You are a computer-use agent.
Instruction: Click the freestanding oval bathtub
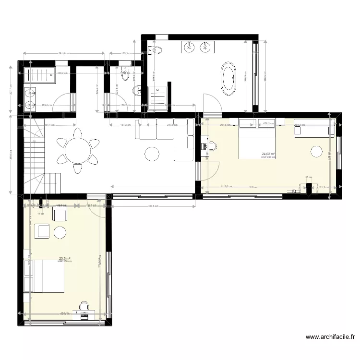pyautogui.click(x=228, y=78)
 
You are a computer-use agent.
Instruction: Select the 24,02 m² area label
pyautogui.click(x=268, y=154)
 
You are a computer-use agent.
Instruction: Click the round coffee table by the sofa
pyautogui.click(x=153, y=154)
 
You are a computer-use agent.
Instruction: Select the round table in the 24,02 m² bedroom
pyautogui.click(x=316, y=152)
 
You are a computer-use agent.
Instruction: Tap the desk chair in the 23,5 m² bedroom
pyautogui.click(x=84, y=305)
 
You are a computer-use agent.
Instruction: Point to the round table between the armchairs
pyautogui.click(x=60, y=232)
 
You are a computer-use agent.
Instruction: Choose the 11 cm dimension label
pyautogui.click(x=42, y=214)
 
